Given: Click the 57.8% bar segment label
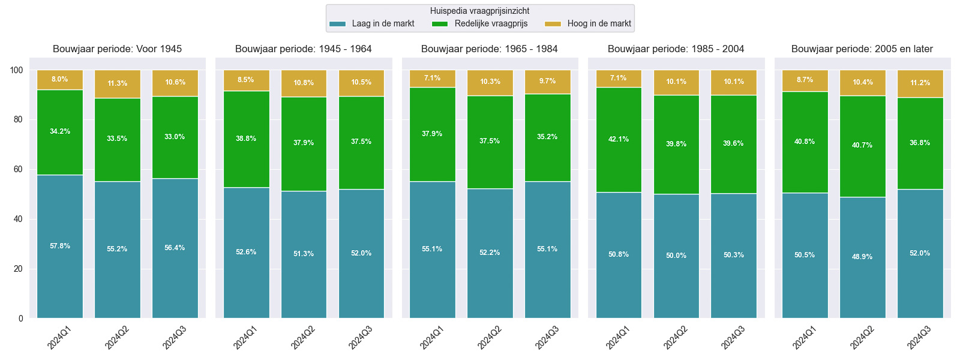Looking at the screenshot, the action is point(60,246).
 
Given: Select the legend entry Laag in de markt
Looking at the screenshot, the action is point(372,23).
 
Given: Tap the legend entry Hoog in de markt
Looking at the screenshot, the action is point(587,23).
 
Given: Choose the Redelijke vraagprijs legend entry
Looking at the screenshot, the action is point(479,23).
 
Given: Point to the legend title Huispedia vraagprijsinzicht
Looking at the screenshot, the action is point(479,11).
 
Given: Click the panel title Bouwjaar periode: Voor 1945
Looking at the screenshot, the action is point(117,49).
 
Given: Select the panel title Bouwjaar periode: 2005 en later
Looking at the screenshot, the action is point(862,49).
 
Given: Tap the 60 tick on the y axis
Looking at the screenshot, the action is point(18,169).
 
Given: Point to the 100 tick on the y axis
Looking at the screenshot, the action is point(16,70).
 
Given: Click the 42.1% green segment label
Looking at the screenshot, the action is point(619,139).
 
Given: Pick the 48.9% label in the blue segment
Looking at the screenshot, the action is point(862,257).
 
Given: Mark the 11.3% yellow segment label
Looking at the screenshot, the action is point(117,83).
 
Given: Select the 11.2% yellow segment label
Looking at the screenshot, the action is point(920,83).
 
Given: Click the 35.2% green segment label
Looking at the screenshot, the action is point(547,137).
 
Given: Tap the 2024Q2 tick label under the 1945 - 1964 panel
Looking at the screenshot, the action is point(304,337).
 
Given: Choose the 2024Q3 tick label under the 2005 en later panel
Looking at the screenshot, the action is point(920,337).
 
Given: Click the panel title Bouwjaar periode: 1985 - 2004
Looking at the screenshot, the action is point(676,49).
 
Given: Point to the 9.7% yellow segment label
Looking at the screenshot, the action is point(547,81).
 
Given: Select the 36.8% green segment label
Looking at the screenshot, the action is point(920,143).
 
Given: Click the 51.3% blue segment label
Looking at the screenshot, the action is point(304,254).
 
